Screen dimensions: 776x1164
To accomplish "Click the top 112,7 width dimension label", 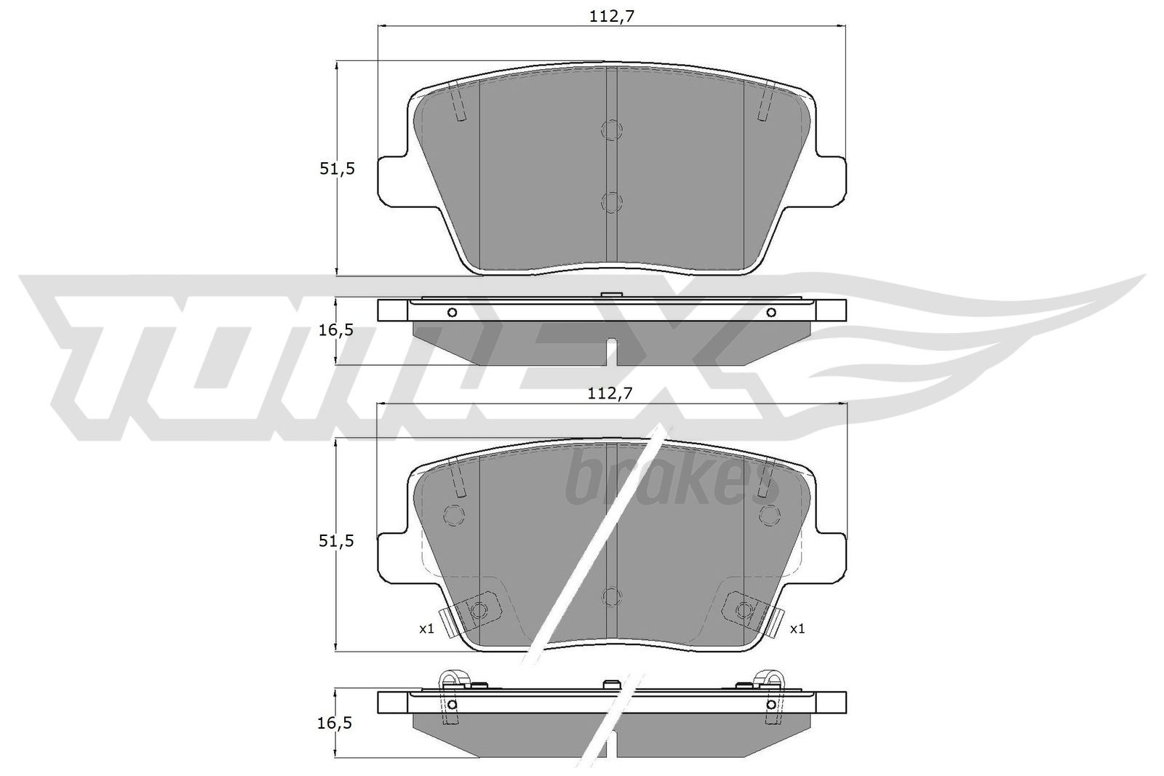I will point(611,16).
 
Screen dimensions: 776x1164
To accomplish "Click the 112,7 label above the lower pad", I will point(611,393).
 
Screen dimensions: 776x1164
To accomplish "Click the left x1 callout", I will point(426,628).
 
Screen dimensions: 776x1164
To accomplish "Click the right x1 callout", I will point(797,628).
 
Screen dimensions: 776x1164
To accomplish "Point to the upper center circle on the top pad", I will point(612,129).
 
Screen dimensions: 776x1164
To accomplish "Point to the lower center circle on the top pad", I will point(612,201).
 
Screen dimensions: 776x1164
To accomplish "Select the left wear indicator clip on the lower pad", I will point(473,609).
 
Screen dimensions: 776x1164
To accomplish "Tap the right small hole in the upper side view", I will point(771,313).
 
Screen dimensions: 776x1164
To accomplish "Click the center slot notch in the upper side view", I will point(612,353).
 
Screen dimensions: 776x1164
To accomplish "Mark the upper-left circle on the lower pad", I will point(453,515).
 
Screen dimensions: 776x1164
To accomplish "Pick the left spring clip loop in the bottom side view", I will point(451,680).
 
